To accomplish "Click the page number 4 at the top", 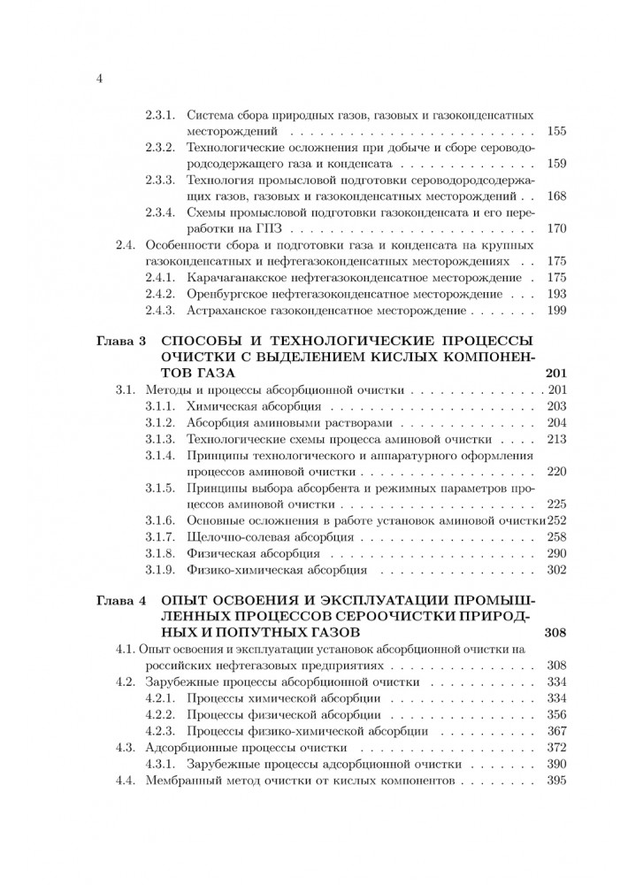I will click(100, 80).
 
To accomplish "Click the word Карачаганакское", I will click(238, 277).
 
